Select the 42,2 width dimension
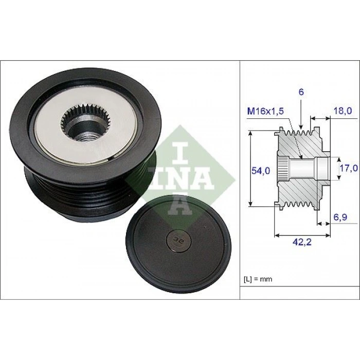(302, 242)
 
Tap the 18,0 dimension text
(343, 111)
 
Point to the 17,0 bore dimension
(349, 168)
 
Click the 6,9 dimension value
(340, 217)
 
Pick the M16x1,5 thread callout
(265, 112)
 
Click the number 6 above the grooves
(301, 92)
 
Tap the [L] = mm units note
(258, 279)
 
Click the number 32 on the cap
(177, 240)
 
